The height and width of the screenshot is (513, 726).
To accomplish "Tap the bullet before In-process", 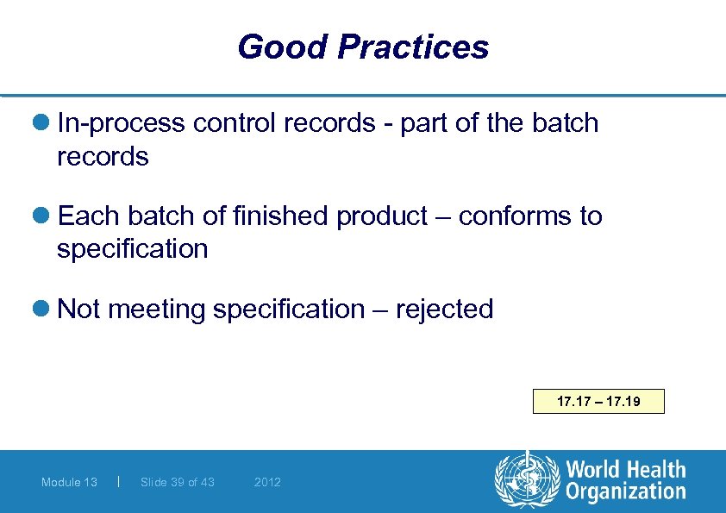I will (47, 124).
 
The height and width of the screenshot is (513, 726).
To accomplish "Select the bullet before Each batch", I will (47, 216).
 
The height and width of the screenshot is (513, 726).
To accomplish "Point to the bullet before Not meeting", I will (47, 310).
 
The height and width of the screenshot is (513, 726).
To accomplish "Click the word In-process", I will (121, 123).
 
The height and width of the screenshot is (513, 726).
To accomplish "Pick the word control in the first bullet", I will (227, 123).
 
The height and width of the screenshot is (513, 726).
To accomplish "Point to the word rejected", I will (444, 309).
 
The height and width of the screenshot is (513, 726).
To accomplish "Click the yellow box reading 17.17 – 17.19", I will (598, 401).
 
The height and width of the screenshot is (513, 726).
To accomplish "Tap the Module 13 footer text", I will (69, 482).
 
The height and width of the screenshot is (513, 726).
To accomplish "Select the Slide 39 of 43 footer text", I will (178, 482).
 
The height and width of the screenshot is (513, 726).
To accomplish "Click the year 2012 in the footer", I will (267, 482).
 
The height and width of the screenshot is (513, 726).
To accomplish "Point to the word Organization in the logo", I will (626, 492).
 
